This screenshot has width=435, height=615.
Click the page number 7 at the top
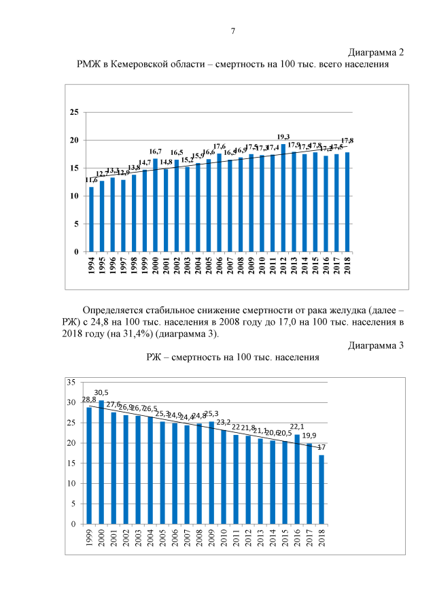click(233, 31)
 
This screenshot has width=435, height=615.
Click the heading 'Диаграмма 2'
click(377, 53)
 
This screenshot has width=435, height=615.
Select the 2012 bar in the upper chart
click(284, 197)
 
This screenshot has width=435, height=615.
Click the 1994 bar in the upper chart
click(92, 219)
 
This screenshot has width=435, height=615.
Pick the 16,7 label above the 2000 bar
click(156, 152)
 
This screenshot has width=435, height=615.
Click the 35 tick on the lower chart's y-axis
click(71, 383)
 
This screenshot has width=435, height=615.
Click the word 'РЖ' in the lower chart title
click(154, 357)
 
